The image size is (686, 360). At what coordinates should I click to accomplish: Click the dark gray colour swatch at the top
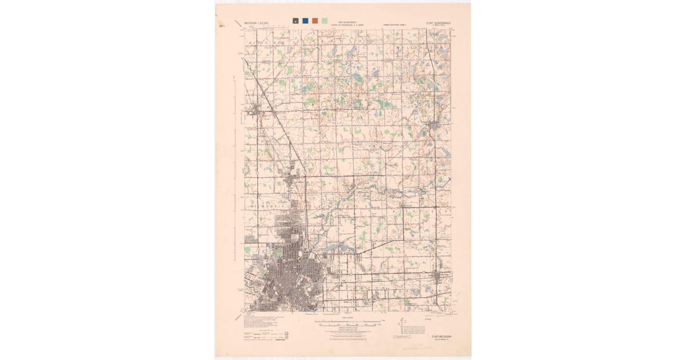[296, 21]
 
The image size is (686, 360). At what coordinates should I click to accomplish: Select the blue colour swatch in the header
[305, 21]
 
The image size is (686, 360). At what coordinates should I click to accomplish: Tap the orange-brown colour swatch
[315, 21]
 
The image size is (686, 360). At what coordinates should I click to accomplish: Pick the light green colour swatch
[325, 21]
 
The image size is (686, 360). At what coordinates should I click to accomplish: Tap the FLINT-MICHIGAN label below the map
[441, 337]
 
